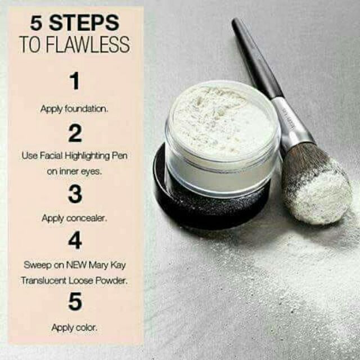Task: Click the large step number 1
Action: (x=74, y=82)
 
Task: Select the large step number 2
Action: (x=75, y=133)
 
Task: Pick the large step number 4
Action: (x=75, y=241)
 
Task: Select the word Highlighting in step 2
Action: (x=87, y=156)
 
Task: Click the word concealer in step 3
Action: (x=88, y=218)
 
